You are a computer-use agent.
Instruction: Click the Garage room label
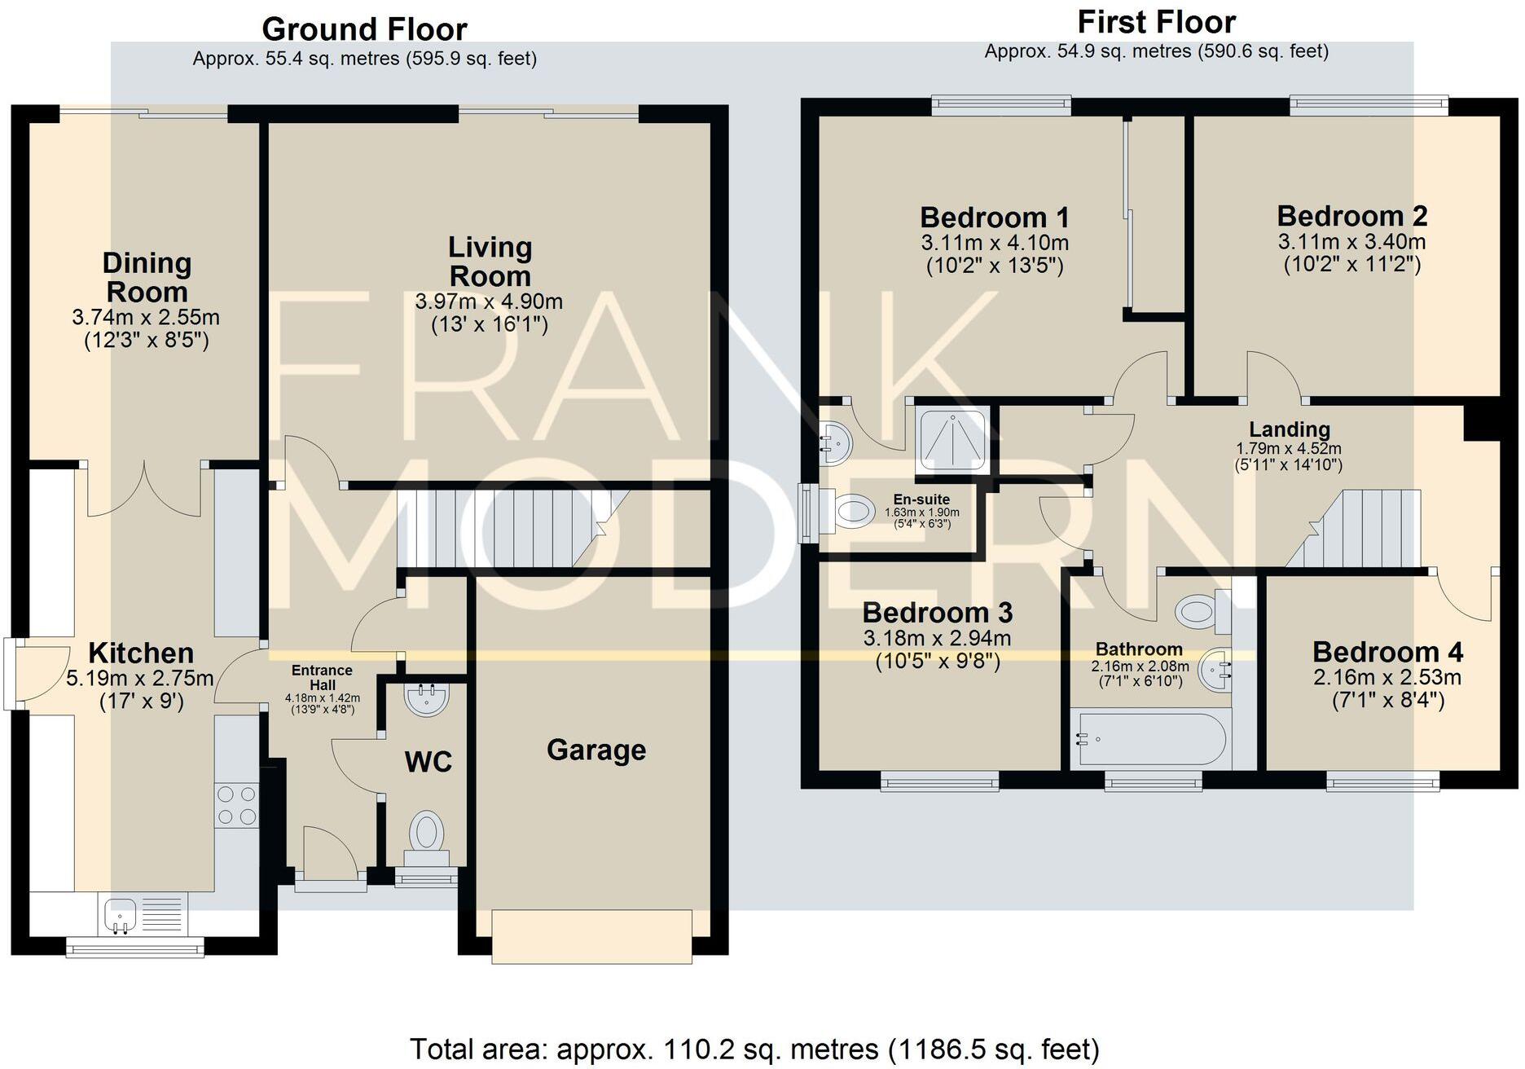(x=596, y=750)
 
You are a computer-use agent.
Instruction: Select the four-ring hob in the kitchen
(x=236, y=805)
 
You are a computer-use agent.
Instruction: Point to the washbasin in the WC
(x=426, y=699)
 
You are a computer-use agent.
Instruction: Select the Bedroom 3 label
(x=937, y=612)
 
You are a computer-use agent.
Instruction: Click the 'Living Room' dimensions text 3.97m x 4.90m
(x=489, y=301)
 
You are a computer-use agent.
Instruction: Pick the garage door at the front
(x=592, y=937)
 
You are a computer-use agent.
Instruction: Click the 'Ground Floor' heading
(x=364, y=29)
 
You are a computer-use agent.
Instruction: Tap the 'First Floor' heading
(x=1156, y=22)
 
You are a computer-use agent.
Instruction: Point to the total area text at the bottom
(x=754, y=1049)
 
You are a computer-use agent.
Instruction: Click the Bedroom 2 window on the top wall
(x=1369, y=104)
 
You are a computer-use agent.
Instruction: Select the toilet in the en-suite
(x=846, y=511)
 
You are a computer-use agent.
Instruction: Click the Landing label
(x=1290, y=429)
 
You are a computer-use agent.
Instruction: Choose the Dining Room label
(x=147, y=277)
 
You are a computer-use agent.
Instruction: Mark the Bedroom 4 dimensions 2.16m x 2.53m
(x=1387, y=677)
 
